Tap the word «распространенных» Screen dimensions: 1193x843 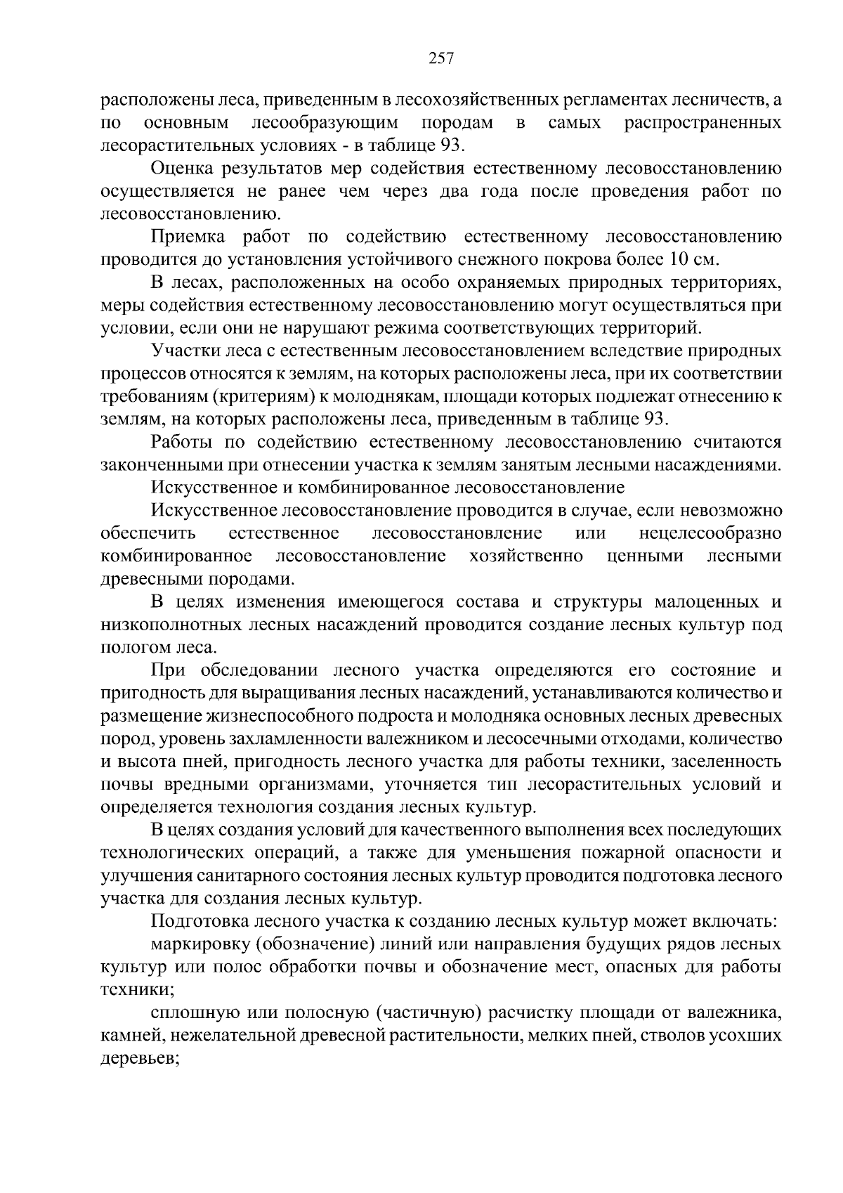pyautogui.click(x=702, y=123)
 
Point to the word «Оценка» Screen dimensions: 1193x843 pyautogui.click(x=182, y=169)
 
